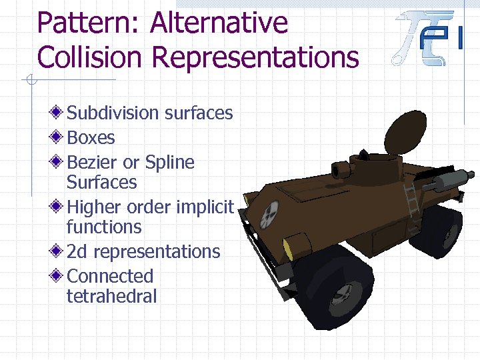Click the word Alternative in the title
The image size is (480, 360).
click(x=219, y=23)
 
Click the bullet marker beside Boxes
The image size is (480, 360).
click(x=59, y=138)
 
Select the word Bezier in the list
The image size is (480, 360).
click(x=93, y=163)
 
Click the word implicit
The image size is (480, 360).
click(x=205, y=207)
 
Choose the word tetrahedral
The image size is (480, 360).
click(x=111, y=296)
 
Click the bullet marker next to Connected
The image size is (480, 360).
click(x=59, y=276)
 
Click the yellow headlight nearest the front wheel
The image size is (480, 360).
click(x=288, y=249)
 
